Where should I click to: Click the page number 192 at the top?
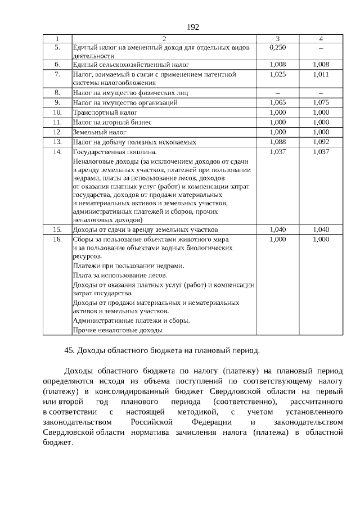(x=192, y=27)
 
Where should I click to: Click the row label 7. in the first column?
(x=57, y=74)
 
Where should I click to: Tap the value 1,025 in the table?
(x=277, y=74)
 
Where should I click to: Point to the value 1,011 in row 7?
(x=321, y=74)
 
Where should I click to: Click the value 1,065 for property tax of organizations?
(x=277, y=103)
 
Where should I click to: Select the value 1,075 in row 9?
(x=321, y=103)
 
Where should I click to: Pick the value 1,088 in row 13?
(x=277, y=142)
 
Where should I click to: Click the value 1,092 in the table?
(x=321, y=142)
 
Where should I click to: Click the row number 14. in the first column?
(x=57, y=152)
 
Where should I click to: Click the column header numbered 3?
(x=277, y=38)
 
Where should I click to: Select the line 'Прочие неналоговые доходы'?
(x=118, y=330)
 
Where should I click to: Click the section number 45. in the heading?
(x=70, y=350)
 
